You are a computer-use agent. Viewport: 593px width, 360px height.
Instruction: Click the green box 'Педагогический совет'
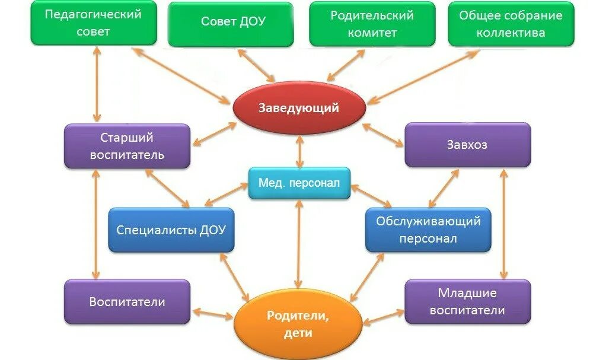tap(94, 23)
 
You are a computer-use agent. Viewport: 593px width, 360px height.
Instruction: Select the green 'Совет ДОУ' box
tap(231, 24)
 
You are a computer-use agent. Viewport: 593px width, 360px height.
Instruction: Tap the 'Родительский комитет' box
tap(372, 24)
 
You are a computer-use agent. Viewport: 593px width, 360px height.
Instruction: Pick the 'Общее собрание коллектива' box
tap(511, 24)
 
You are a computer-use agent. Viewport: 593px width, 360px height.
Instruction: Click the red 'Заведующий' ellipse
tap(298, 108)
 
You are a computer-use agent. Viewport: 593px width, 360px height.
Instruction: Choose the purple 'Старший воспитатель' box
tap(127, 146)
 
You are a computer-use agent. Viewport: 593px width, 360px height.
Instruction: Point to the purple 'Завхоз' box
tap(467, 145)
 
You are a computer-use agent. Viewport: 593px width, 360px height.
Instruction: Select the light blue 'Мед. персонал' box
tap(299, 183)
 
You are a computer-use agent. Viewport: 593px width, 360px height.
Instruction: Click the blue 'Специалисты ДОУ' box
tap(171, 230)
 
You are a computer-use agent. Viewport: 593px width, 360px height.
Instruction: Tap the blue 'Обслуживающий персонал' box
tap(428, 230)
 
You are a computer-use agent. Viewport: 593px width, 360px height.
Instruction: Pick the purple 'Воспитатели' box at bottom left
tap(127, 302)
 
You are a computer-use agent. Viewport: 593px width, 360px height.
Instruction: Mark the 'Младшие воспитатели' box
tap(467, 302)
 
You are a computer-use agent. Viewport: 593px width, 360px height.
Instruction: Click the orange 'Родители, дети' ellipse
tap(298, 324)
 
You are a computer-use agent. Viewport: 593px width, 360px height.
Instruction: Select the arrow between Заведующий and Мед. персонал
tap(300, 151)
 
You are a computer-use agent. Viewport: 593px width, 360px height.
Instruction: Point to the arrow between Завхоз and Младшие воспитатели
tap(503, 224)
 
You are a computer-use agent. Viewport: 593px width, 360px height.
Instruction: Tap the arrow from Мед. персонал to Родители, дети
tap(298, 244)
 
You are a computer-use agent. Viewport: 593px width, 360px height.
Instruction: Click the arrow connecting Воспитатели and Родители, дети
tap(212, 313)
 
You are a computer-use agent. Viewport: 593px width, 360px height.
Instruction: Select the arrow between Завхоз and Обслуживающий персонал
tap(444, 188)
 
